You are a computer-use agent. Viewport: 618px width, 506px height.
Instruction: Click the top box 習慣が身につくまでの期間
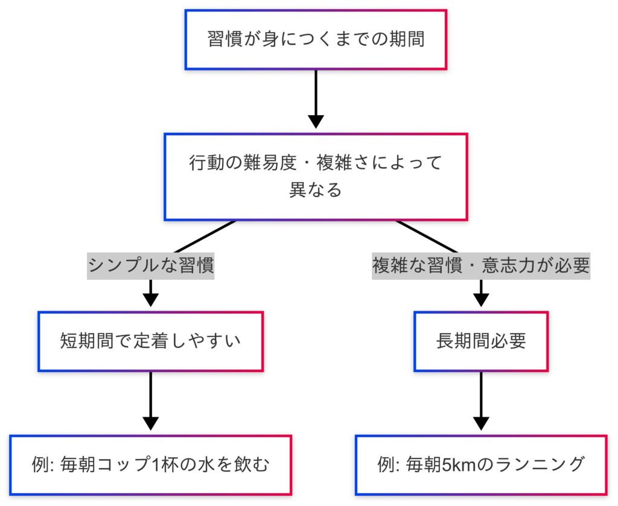(x=316, y=39)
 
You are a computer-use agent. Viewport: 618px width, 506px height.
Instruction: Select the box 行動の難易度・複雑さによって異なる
(x=316, y=176)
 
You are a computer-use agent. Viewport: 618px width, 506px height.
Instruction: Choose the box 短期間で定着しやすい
(x=151, y=341)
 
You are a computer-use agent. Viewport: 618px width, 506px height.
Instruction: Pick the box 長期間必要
(x=480, y=341)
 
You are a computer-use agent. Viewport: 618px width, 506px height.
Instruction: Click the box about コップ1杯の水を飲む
(x=151, y=464)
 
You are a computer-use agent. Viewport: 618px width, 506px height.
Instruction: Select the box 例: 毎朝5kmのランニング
(x=480, y=464)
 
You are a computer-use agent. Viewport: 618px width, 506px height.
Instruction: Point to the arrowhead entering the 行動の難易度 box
(x=316, y=121)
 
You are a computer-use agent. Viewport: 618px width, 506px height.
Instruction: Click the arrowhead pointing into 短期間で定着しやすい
(x=151, y=300)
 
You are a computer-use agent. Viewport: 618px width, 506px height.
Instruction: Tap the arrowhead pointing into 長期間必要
(x=480, y=300)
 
